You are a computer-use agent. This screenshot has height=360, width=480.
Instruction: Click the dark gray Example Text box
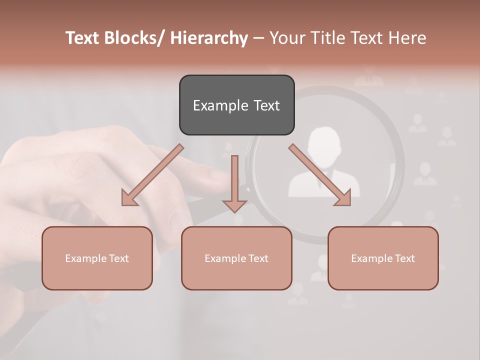pos(236,105)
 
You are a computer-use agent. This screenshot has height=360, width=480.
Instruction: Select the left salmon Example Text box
pos(97,258)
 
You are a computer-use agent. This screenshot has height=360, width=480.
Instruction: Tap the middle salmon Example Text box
pos(236,258)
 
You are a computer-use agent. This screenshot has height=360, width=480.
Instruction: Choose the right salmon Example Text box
pos(383,258)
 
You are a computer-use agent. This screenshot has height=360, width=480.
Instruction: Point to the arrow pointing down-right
pos(320,175)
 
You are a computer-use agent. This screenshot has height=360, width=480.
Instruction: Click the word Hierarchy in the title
pos(209,38)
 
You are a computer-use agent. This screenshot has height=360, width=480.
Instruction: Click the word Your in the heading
pos(285,38)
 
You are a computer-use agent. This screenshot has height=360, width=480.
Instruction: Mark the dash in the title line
pos(258,38)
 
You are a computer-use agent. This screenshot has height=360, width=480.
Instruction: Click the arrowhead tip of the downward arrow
pos(234,211)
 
